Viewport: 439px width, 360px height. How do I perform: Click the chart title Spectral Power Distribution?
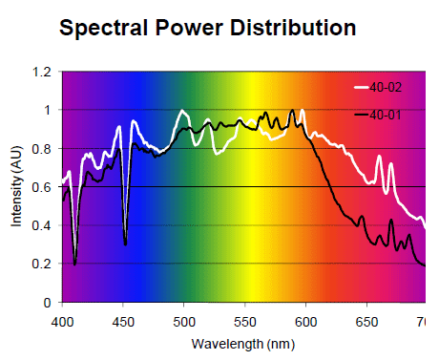coord(208,28)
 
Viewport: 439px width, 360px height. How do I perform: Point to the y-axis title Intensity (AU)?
coord(16,186)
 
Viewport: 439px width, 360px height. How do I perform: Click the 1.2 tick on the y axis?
coord(41,72)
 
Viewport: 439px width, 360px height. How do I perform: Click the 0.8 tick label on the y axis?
coord(41,148)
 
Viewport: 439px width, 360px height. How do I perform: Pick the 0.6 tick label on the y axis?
coord(41,187)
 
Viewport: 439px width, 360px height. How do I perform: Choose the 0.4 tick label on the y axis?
coord(41,225)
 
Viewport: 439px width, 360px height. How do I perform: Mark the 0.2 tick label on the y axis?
coord(41,264)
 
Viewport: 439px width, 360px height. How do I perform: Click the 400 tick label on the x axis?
coord(62,318)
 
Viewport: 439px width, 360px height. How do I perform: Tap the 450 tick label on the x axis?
coord(123,318)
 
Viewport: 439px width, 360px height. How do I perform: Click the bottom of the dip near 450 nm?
coord(126,244)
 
